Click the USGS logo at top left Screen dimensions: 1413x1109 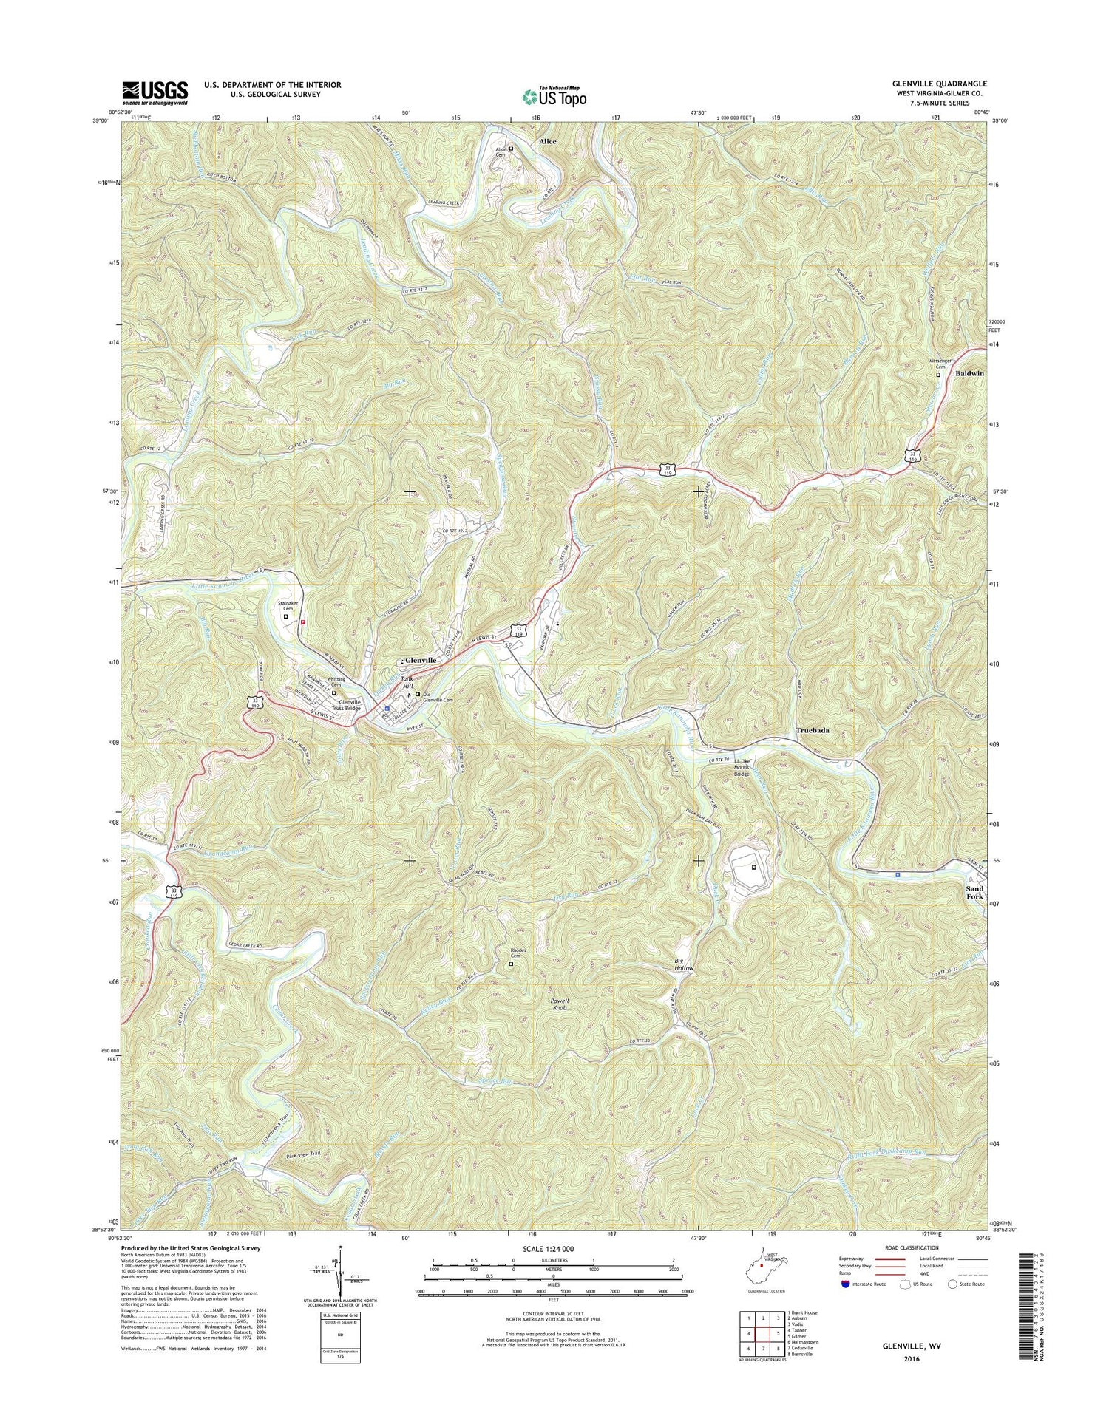click(x=155, y=92)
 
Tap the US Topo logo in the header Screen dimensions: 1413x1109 click(x=554, y=95)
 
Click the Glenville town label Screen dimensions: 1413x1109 click(x=420, y=659)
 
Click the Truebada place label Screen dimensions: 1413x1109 click(x=812, y=730)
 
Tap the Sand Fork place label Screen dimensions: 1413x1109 click(x=974, y=893)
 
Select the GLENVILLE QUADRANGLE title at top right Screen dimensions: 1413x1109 click(x=940, y=84)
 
